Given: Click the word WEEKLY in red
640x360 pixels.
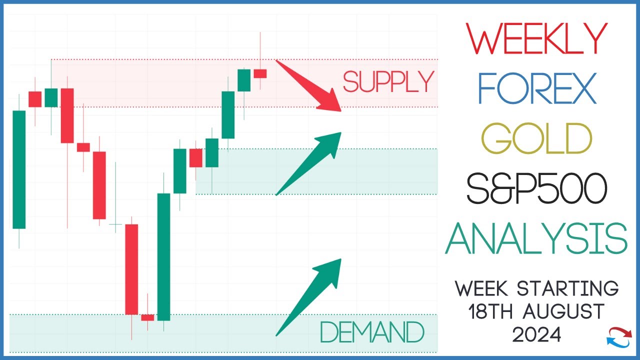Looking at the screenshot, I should point(537,39).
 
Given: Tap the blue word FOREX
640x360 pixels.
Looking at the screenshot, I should point(537,88).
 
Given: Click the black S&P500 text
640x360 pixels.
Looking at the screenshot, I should point(537,189).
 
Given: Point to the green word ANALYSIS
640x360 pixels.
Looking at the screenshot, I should point(536,238).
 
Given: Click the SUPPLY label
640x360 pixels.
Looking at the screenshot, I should point(388,82).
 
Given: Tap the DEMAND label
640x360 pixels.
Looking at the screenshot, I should point(372,332).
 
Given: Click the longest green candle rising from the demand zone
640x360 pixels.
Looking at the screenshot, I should point(164,256).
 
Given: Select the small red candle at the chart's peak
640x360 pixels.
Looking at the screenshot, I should point(260,73).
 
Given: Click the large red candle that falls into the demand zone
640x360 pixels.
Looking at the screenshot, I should point(131,269).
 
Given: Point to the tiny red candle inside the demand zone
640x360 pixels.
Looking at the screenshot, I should point(147,317).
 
